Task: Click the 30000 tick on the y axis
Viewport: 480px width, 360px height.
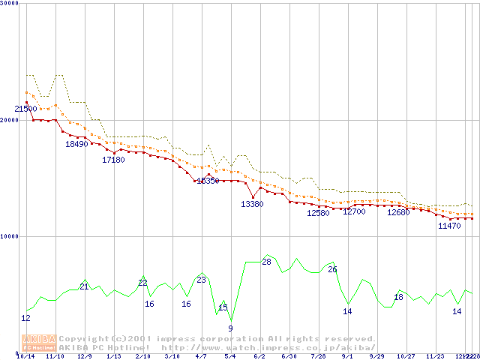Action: click(x=9, y=4)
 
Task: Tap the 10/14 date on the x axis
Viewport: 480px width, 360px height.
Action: click(x=25, y=356)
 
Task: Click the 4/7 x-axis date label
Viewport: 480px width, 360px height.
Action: click(x=201, y=356)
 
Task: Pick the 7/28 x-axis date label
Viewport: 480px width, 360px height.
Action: click(x=318, y=356)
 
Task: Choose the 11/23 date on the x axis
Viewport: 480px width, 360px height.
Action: click(x=435, y=356)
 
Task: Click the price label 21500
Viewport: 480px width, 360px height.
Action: click(x=25, y=109)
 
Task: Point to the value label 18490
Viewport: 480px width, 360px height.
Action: click(x=76, y=144)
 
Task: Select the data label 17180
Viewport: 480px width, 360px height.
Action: click(x=113, y=160)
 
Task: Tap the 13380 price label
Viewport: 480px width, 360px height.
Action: click(x=252, y=204)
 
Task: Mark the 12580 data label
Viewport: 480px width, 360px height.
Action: click(x=318, y=213)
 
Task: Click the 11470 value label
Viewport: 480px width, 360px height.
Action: click(x=449, y=226)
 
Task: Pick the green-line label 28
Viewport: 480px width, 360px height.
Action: click(x=266, y=262)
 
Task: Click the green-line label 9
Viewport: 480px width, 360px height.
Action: click(x=230, y=328)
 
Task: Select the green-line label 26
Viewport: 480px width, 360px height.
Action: click(x=332, y=269)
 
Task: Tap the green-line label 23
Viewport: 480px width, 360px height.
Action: click(x=201, y=280)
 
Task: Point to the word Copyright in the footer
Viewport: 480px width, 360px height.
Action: click(x=85, y=338)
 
